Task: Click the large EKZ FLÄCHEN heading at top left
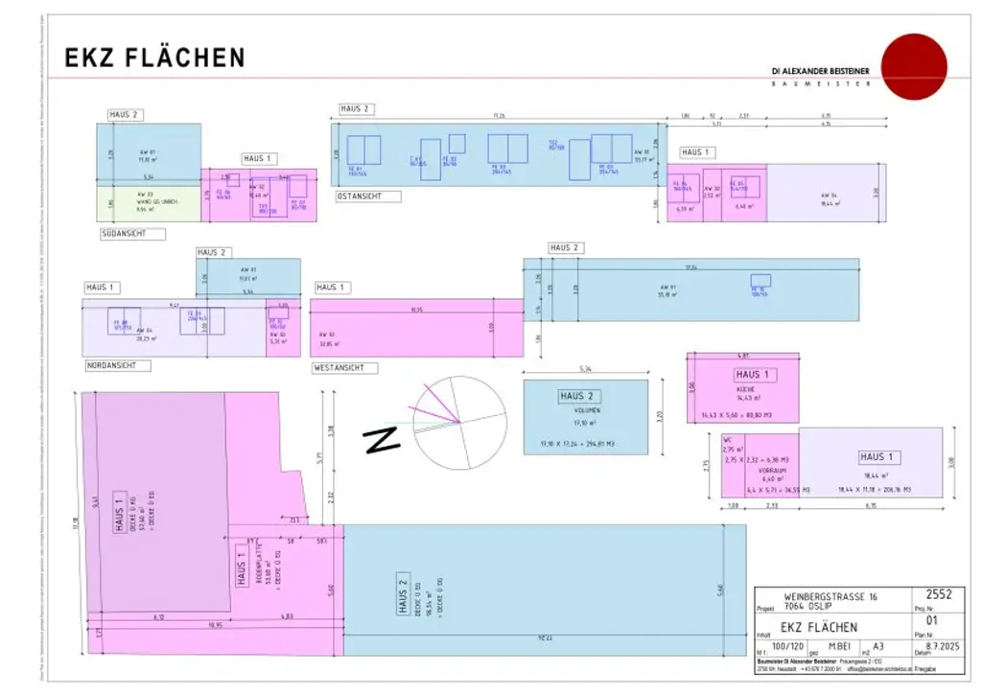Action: (x=154, y=58)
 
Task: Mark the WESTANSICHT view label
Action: (x=345, y=367)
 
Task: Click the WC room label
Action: (x=728, y=440)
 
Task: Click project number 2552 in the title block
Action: (x=939, y=595)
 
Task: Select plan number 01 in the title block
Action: (x=938, y=619)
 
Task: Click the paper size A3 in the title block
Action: (x=878, y=648)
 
